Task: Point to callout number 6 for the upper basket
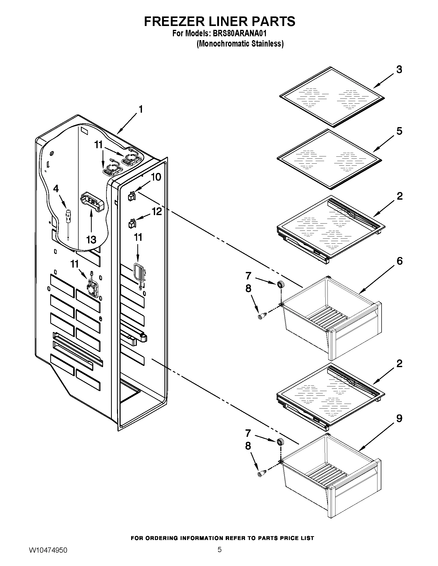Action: tap(399, 261)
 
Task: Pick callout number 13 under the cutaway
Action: tap(91, 240)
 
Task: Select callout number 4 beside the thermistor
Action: tap(56, 189)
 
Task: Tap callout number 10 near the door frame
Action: tap(156, 177)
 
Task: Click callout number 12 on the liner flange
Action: tap(157, 212)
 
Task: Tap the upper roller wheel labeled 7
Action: tap(280, 285)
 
